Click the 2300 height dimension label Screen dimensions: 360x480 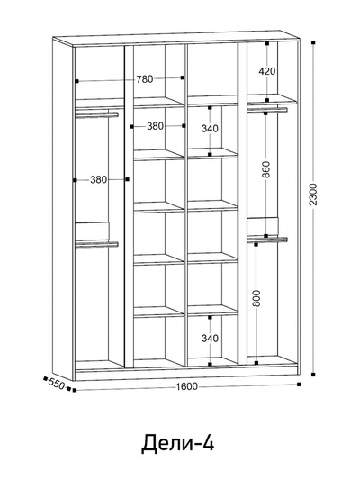click(x=313, y=195)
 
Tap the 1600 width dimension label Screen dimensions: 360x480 click(x=186, y=386)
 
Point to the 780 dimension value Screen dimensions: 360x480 click(x=145, y=79)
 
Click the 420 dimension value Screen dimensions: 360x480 click(x=267, y=71)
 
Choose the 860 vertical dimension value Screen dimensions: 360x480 click(x=266, y=169)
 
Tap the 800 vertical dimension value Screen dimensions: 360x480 click(x=256, y=298)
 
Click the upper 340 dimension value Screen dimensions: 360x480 click(x=210, y=129)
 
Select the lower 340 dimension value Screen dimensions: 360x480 click(x=210, y=339)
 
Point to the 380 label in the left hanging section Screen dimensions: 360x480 click(x=98, y=179)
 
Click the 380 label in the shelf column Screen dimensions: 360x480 click(x=156, y=126)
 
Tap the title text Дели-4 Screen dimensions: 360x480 click(x=177, y=443)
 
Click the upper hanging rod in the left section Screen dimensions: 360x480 click(x=96, y=114)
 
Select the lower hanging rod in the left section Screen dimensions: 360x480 click(x=96, y=244)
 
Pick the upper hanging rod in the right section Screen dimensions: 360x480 click(x=267, y=110)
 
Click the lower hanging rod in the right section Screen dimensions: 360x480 click(x=267, y=240)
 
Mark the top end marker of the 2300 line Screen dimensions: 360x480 click(x=313, y=43)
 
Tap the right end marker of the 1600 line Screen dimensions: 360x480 click(x=299, y=385)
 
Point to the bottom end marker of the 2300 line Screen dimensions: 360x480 click(x=313, y=375)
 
